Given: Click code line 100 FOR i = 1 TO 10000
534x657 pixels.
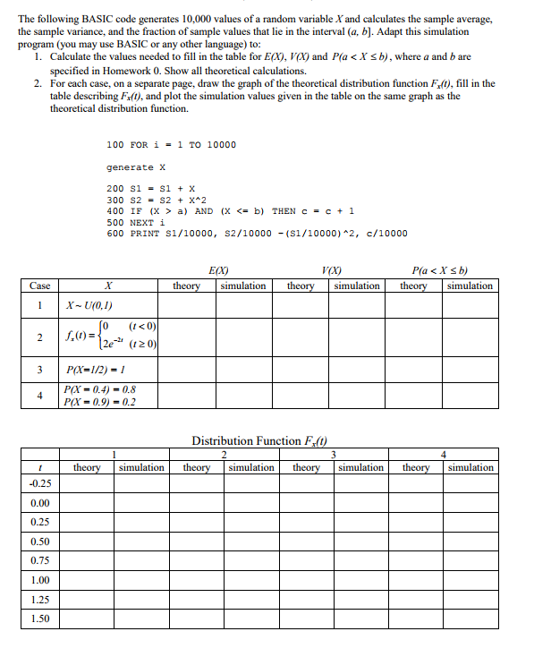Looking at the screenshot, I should (171, 144).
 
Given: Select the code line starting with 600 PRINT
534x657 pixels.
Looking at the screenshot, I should (257, 234).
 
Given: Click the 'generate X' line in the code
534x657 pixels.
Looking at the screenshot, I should (136, 167).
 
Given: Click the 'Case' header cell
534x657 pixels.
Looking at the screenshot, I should (39, 286).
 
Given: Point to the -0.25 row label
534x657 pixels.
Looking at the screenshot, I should (40, 484).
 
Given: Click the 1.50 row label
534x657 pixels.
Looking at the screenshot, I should (40, 619).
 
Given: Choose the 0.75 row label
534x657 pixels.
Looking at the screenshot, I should (40, 561).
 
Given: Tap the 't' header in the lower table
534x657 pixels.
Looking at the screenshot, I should (40, 467).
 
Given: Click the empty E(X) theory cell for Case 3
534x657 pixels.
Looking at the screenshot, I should (186, 369).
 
